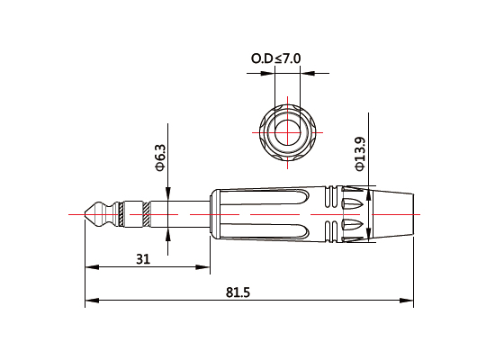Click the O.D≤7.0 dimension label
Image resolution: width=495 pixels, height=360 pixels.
(x=275, y=59)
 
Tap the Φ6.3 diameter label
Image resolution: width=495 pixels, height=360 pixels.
(x=160, y=157)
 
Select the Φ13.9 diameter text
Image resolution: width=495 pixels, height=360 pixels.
(x=360, y=153)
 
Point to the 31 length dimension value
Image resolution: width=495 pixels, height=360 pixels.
(x=142, y=259)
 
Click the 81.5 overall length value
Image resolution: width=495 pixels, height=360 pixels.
(x=238, y=293)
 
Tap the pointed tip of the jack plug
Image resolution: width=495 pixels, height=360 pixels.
(x=85, y=216)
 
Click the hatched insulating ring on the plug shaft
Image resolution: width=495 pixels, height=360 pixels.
(x=144, y=216)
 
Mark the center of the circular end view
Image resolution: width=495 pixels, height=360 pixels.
(x=289, y=126)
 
